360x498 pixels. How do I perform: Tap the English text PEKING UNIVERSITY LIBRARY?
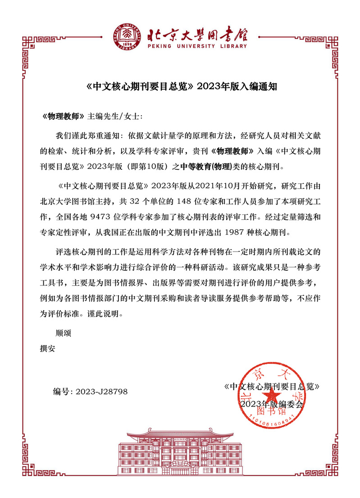[x=196, y=46]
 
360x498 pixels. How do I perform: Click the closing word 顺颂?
[x=64, y=334]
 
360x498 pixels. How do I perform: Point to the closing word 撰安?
[x=48, y=348]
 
